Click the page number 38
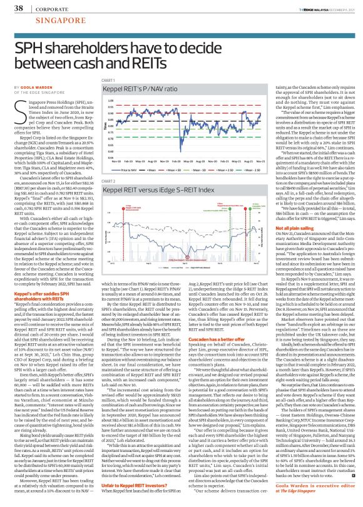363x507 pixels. (x=11, y=8)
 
